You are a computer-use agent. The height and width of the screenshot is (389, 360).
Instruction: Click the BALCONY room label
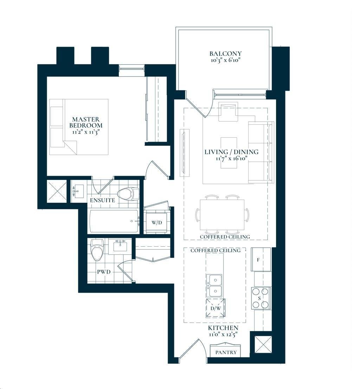point(225,53)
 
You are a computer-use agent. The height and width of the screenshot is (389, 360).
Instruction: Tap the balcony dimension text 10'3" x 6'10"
point(225,60)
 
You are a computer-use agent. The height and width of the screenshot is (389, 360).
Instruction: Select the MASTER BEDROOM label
point(86,122)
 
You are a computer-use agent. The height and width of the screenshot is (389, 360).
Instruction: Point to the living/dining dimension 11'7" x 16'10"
point(231,158)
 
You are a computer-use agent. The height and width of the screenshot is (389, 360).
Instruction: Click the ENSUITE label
point(103,200)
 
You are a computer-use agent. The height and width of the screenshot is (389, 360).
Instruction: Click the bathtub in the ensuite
point(114,221)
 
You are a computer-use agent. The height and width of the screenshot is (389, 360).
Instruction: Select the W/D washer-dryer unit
point(157,222)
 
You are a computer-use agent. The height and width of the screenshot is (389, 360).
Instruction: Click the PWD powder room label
point(104,272)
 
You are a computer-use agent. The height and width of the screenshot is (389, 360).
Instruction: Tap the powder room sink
point(120,246)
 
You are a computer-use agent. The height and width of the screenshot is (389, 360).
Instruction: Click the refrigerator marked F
point(261,259)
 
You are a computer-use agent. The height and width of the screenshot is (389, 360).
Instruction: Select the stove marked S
point(261,298)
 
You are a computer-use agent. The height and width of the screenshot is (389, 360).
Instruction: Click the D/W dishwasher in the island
point(216,309)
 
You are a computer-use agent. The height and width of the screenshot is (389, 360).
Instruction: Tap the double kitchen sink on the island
point(214,286)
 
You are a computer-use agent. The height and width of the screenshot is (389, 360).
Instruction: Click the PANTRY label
point(226,352)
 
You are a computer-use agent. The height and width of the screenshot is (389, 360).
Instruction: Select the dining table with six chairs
point(223,215)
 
